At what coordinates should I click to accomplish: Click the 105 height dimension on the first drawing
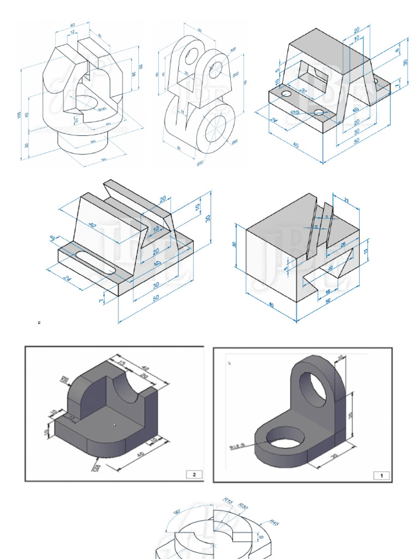click(x=19, y=115)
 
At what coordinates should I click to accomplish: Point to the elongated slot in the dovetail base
click(x=96, y=263)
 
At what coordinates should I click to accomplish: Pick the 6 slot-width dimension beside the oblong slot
click(x=52, y=237)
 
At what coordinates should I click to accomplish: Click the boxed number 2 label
click(x=194, y=474)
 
